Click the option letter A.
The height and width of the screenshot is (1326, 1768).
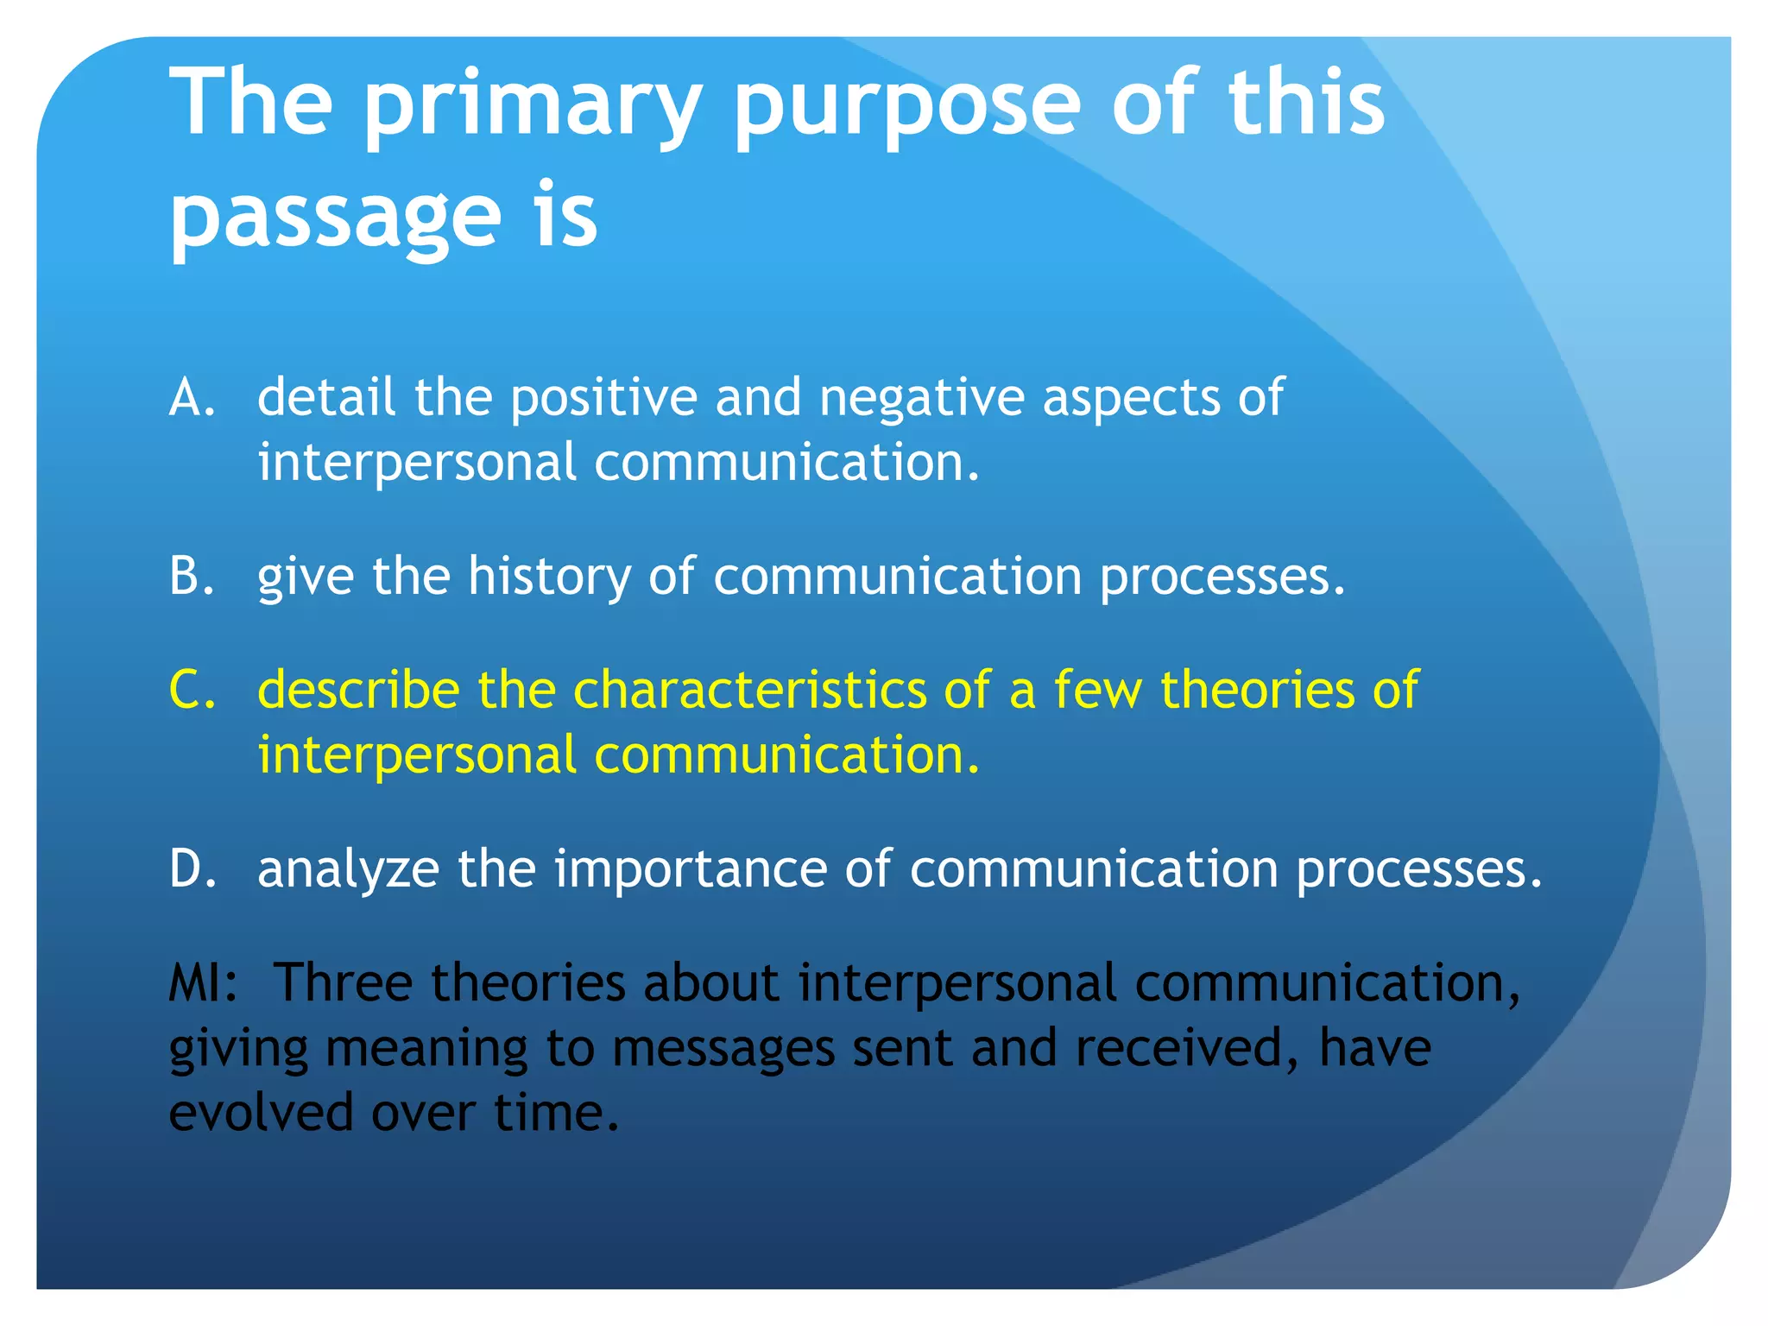[192, 398]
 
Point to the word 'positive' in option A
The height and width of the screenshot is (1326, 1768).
[603, 398]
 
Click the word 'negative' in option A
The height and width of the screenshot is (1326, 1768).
[922, 398]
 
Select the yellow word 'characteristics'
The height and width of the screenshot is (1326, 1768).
[749, 691]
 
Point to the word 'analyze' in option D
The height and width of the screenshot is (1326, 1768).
[349, 868]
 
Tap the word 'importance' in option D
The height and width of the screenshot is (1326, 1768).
[691, 868]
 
